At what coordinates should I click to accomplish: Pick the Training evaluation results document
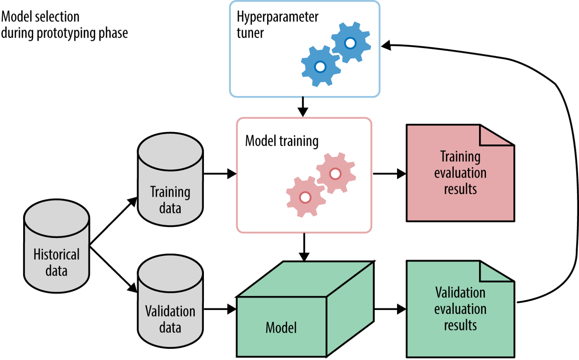460,174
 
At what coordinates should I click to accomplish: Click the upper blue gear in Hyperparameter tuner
350,43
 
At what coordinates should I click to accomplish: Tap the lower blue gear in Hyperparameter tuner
320,66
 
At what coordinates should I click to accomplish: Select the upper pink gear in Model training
335,173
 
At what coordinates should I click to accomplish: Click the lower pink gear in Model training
305,197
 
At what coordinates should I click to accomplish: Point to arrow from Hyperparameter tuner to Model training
303,107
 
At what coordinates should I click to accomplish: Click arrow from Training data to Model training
219,173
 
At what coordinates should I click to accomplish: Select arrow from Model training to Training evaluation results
389,174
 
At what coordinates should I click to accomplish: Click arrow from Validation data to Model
219,309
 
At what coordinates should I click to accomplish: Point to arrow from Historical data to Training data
113,221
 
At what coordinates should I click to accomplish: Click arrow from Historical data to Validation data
113,269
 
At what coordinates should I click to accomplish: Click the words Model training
282,141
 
